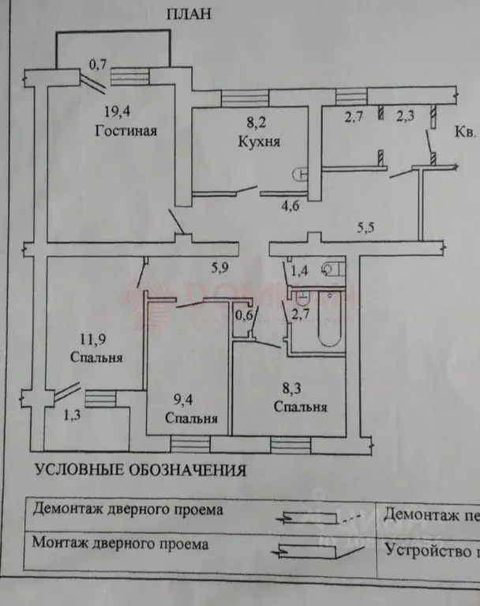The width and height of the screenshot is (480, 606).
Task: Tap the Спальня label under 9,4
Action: point(191,418)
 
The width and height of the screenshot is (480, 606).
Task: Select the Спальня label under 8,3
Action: point(300,408)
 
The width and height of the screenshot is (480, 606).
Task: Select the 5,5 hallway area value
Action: point(366,228)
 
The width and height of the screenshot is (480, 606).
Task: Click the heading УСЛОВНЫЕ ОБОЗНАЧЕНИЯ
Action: point(141,471)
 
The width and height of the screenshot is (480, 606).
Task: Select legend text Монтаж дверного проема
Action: point(121,544)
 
